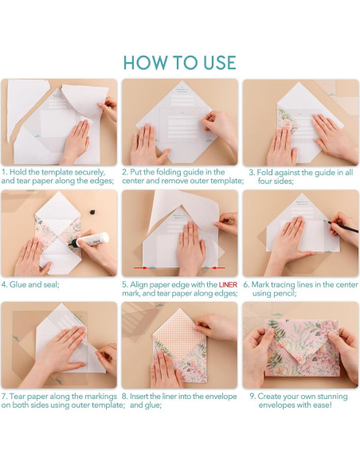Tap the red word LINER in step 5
pyautogui.click(x=228, y=285)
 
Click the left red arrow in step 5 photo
pyautogui.click(x=141, y=268)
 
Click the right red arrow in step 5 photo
pyautogui.click(x=218, y=268)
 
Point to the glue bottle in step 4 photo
pyautogui.click(x=89, y=240)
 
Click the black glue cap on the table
pyautogui.click(x=93, y=212)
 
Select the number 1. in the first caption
pyautogui.click(x=5, y=172)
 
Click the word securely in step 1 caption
pyautogui.click(x=90, y=173)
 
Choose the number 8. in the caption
pyautogui.click(x=125, y=397)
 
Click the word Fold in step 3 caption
pyautogui.click(x=264, y=172)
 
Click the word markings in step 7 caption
pyautogui.click(x=101, y=397)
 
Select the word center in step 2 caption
pyautogui.click(x=133, y=181)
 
